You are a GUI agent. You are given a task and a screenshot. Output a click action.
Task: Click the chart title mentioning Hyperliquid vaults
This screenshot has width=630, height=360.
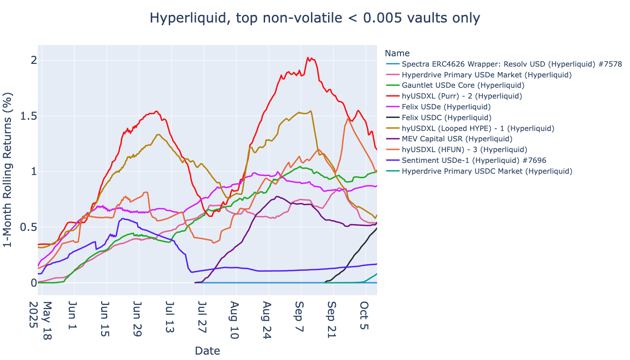tap(315, 18)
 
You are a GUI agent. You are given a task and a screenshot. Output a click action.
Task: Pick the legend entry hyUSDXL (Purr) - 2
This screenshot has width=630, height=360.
tap(462, 96)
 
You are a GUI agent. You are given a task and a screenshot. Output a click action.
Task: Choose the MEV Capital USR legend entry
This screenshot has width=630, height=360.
tap(457, 139)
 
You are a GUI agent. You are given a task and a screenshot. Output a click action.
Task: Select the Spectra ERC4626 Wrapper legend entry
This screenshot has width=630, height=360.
tap(512, 64)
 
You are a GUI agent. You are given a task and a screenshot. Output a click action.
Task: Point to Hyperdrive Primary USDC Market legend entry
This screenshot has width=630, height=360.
tap(487, 171)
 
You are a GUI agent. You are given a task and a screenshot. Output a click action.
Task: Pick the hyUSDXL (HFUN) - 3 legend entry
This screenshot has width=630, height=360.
tap(464, 150)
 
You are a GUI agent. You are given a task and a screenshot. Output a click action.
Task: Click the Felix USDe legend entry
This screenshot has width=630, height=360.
tap(446, 107)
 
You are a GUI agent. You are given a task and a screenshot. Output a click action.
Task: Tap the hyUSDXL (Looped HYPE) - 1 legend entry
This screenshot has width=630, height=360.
tap(478, 129)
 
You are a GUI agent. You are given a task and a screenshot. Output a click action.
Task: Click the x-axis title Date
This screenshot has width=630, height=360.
tap(207, 351)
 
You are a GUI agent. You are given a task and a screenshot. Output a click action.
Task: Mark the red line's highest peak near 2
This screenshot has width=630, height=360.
tap(308, 58)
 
